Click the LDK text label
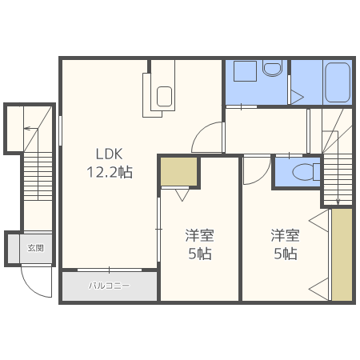[109, 154]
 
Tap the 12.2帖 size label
[109, 172]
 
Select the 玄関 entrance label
[36, 248]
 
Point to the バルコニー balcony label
[109, 286]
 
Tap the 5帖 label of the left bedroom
[199, 254]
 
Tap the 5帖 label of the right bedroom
[285, 254]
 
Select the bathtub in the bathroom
[338, 82]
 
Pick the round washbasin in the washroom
[272, 69]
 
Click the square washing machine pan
[245, 70]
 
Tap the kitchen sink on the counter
[165, 97]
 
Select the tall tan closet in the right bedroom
[342, 254]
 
